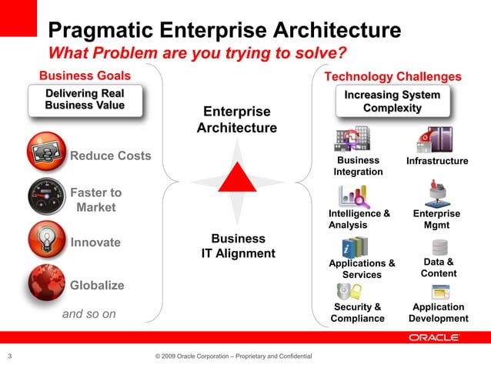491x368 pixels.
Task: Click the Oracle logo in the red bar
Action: pyautogui.click(x=434, y=337)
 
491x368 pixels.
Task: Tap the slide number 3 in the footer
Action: pyautogui.click(x=9, y=356)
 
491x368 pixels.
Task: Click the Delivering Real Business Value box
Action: pyautogui.click(x=85, y=100)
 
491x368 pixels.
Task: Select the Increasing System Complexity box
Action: pyautogui.click(x=392, y=102)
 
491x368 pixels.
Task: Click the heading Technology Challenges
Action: pyautogui.click(x=392, y=76)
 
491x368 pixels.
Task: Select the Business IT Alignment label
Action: pyautogui.click(x=238, y=246)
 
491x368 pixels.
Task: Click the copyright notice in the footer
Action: pyautogui.click(x=233, y=356)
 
